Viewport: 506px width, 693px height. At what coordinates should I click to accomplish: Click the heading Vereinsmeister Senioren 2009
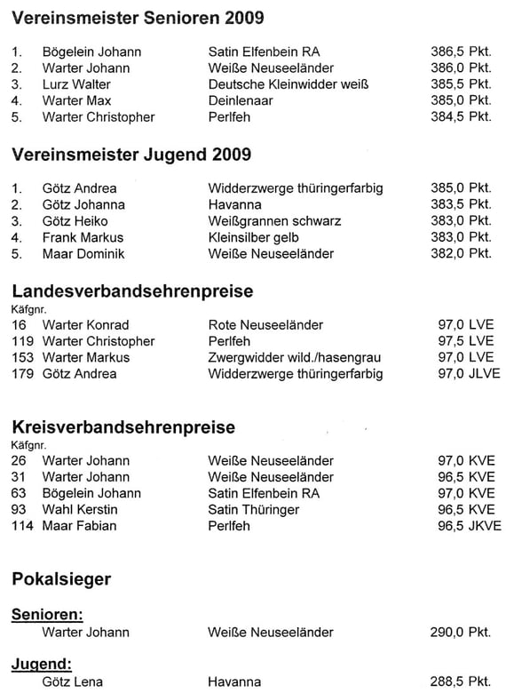(138, 18)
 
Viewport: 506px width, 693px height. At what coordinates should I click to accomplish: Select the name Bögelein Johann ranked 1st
(91, 52)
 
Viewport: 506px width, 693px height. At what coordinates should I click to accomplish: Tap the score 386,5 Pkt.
(461, 52)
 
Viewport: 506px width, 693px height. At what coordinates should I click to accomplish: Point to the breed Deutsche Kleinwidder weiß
(288, 84)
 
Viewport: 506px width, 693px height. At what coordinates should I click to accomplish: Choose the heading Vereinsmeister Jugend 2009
(131, 155)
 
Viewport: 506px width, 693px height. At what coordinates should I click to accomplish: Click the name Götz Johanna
(83, 204)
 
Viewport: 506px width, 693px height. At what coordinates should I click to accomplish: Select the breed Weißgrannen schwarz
(274, 220)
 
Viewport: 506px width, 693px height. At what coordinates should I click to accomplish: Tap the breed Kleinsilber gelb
(253, 237)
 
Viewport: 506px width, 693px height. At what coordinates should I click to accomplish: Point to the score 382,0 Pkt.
(461, 253)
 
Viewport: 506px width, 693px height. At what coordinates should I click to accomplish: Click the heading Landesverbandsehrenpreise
(132, 291)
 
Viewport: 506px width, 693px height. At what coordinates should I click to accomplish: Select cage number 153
(22, 357)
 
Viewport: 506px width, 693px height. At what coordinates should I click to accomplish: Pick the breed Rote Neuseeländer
(265, 324)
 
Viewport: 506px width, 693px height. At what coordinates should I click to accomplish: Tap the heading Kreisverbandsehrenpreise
(123, 426)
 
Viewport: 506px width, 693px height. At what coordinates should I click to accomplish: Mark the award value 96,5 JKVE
(470, 525)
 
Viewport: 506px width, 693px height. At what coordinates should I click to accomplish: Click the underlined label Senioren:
(47, 614)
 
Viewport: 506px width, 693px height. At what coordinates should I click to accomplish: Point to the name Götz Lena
(72, 681)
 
